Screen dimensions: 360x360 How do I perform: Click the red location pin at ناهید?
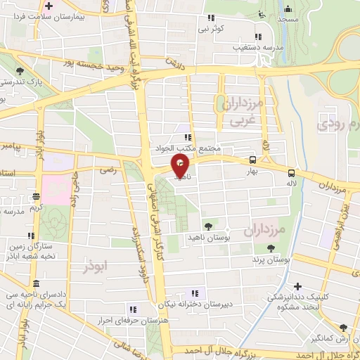point(180,167)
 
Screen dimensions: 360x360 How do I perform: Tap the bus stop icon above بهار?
point(252,160)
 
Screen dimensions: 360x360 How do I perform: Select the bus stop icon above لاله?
point(290,172)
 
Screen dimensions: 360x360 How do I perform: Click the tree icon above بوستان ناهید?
point(208,226)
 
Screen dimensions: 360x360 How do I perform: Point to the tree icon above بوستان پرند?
point(271,247)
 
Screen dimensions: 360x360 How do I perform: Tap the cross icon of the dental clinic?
point(298,286)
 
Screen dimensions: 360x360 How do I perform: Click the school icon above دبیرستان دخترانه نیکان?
point(195,292)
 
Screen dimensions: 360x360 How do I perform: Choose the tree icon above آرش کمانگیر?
point(342,328)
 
